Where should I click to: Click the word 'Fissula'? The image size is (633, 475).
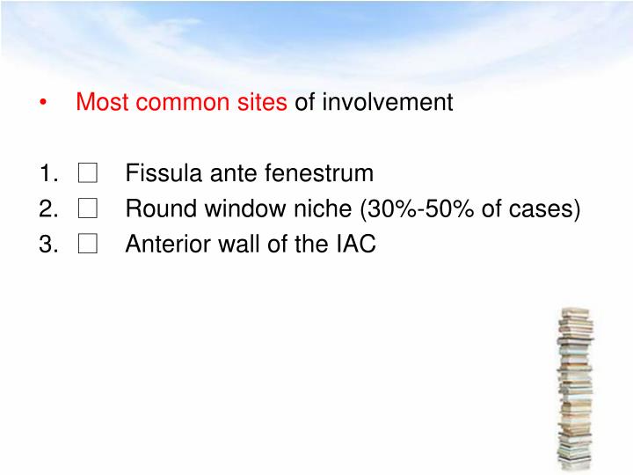coord(157,173)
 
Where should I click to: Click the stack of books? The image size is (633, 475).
coord(575,387)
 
